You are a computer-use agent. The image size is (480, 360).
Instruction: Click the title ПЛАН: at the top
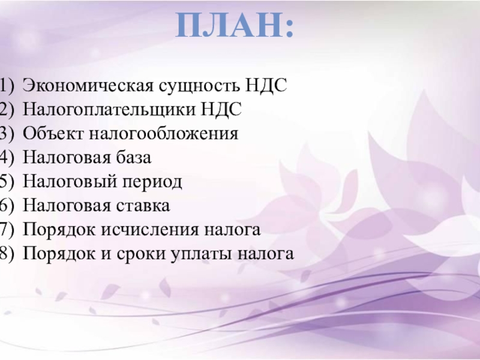(x=235, y=25)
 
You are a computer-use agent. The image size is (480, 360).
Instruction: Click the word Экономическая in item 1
(x=88, y=85)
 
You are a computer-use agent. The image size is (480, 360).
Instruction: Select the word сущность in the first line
(x=199, y=86)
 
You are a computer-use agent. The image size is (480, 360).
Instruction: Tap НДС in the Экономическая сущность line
(x=266, y=85)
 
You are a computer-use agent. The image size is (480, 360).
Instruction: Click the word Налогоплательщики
(x=109, y=110)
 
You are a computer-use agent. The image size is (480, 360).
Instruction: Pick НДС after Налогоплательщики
(x=221, y=109)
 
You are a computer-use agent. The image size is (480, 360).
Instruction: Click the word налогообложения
(x=164, y=134)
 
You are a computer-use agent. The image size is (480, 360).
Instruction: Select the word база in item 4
(x=133, y=158)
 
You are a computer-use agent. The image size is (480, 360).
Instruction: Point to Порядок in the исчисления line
(x=59, y=230)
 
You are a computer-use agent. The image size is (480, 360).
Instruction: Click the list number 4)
(x=7, y=158)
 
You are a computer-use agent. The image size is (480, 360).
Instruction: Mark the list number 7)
(x=7, y=230)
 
